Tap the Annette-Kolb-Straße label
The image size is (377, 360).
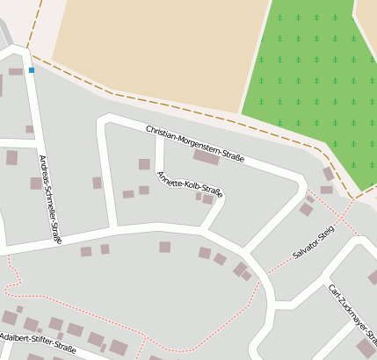(190, 184)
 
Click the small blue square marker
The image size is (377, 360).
(32, 69)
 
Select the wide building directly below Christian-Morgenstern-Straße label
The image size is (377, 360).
(207, 158)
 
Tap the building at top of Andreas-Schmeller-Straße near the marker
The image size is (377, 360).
(16, 71)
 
